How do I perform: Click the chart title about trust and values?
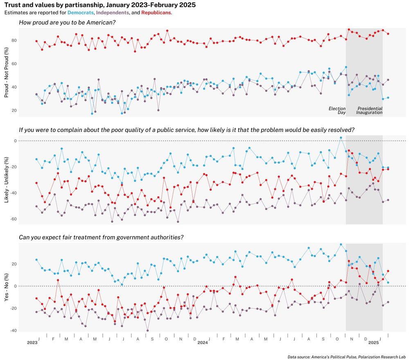click(x=100, y=5)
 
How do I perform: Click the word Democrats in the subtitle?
click(x=81, y=13)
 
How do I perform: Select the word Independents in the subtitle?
click(x=112, y=13)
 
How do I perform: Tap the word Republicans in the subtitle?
click(x=156, y=13)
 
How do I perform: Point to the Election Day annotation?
click(x=337, y=110)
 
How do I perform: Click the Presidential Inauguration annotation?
click(x=369, y=110)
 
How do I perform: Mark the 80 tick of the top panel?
click(x=13, y=40)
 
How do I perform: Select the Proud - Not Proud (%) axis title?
click(x=6, y=72)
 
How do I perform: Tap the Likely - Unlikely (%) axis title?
click(x=6, y=180)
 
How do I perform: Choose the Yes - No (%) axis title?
click(x=6, y=286)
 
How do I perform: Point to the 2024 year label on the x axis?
click(x=203, y=342)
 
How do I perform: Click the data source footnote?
click(x=346, y=357)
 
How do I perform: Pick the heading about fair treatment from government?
click(x=101, y=237)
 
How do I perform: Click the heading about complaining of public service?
click(x=187, y=130)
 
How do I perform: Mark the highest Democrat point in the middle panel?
click(x=341, y=138)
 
